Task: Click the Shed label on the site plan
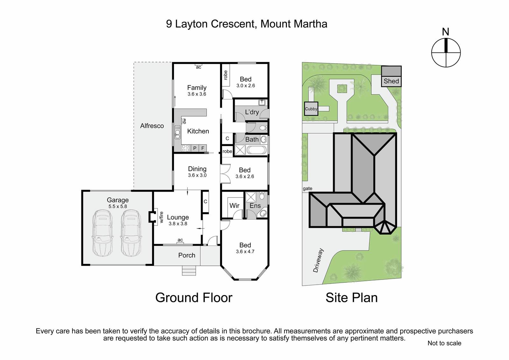click(x=391, y=81)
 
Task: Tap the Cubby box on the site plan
click(x=311, y=109)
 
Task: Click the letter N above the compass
click(x=446, y=32)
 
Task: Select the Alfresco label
click(x=152, y=126)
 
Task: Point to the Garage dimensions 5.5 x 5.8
click(x=117, y=207)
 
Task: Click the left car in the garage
click(x=103, y=233)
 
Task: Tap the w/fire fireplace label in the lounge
click(x=162, y=217)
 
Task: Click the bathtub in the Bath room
click(x=256, y=150)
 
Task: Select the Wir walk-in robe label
click(x=234, y=206)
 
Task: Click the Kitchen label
click(x=198, y=131)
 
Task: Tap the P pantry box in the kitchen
click(x=195, y=148)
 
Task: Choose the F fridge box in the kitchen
click(x=203, y=148)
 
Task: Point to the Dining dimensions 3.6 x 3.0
click(x=197, y=175)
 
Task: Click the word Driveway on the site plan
click(x=318, y=260)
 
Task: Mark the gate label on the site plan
click(x=307, y=188)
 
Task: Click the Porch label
click(x=186, y=255)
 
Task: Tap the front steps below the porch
click(x=189, y=271)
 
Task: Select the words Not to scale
click(x=444, y=343)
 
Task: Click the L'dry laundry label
click(x=252, y=112)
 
